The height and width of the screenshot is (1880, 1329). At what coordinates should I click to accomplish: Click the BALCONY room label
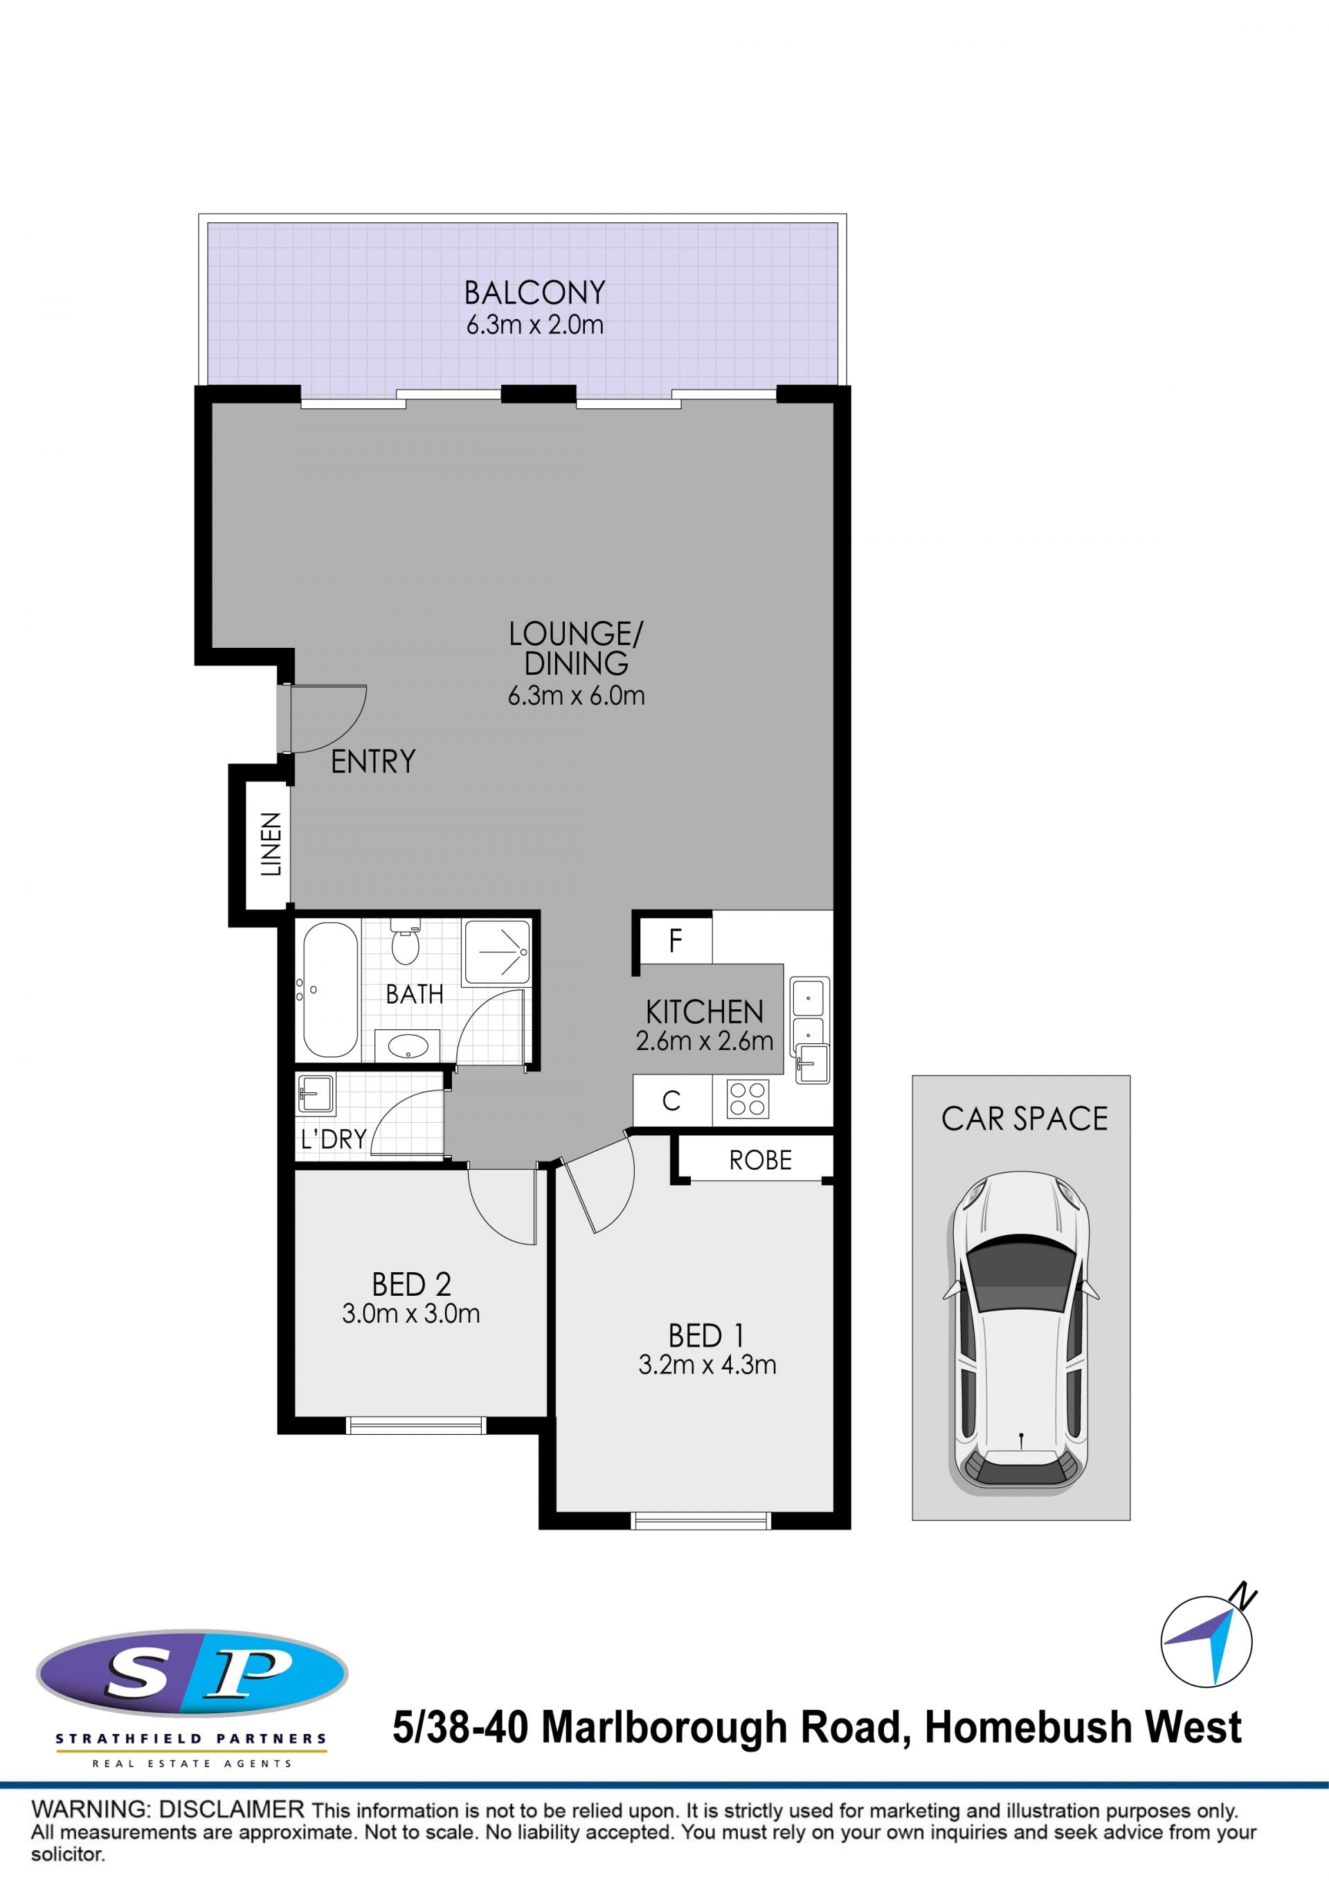tap(534, 292)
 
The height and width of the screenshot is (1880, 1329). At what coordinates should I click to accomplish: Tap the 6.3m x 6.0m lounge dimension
tap(577, 696)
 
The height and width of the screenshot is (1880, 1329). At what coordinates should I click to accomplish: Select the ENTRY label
tap(373, 761)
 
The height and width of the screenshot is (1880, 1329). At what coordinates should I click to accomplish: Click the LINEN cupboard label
tap(271, 844)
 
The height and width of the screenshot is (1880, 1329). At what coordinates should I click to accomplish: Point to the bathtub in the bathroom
tap(330, 990)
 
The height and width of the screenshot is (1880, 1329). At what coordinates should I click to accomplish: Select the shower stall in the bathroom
tap(496, 952)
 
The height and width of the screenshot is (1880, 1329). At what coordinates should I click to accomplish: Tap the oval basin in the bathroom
tap(407, 1046)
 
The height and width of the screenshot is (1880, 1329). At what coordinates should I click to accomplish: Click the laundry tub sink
tap(316, 1093)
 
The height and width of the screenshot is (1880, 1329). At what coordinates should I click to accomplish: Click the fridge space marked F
tap(676, 941)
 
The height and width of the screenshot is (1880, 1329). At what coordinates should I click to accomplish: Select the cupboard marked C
tap(672, 1101)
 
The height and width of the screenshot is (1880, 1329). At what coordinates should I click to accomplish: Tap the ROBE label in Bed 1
tap(761, 1160)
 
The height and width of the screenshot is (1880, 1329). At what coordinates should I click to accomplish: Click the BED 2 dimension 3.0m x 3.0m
tap(411, 1313)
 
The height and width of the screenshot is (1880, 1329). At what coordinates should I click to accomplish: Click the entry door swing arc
tap(350, 724)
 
